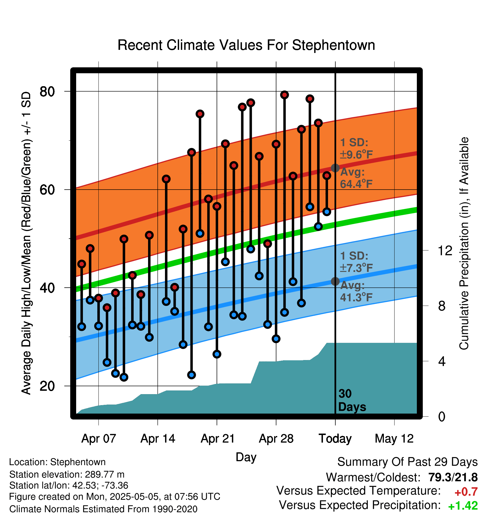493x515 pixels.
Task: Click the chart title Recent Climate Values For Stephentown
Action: (246, 45)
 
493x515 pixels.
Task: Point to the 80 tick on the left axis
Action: (47, 92)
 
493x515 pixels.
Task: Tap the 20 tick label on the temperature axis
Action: (47, 386)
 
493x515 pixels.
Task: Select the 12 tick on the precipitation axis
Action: (445, 250)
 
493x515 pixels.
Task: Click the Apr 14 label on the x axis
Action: (158, 439)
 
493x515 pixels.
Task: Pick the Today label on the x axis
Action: (335, 439)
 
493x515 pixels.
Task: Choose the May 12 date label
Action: (394, 439)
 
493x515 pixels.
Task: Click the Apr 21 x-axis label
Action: (217, 439)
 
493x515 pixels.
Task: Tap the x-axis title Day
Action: (246, 457)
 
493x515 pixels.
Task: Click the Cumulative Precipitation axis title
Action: (464, 244)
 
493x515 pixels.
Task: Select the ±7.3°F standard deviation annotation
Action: (356, 268)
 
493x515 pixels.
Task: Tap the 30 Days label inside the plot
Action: (352, 400)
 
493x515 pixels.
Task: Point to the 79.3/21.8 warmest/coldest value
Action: (453, 477)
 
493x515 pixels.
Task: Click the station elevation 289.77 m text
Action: (67, 474)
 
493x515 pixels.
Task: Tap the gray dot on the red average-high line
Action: (335, 168)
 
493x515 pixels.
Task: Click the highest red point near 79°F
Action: (284, 95)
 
